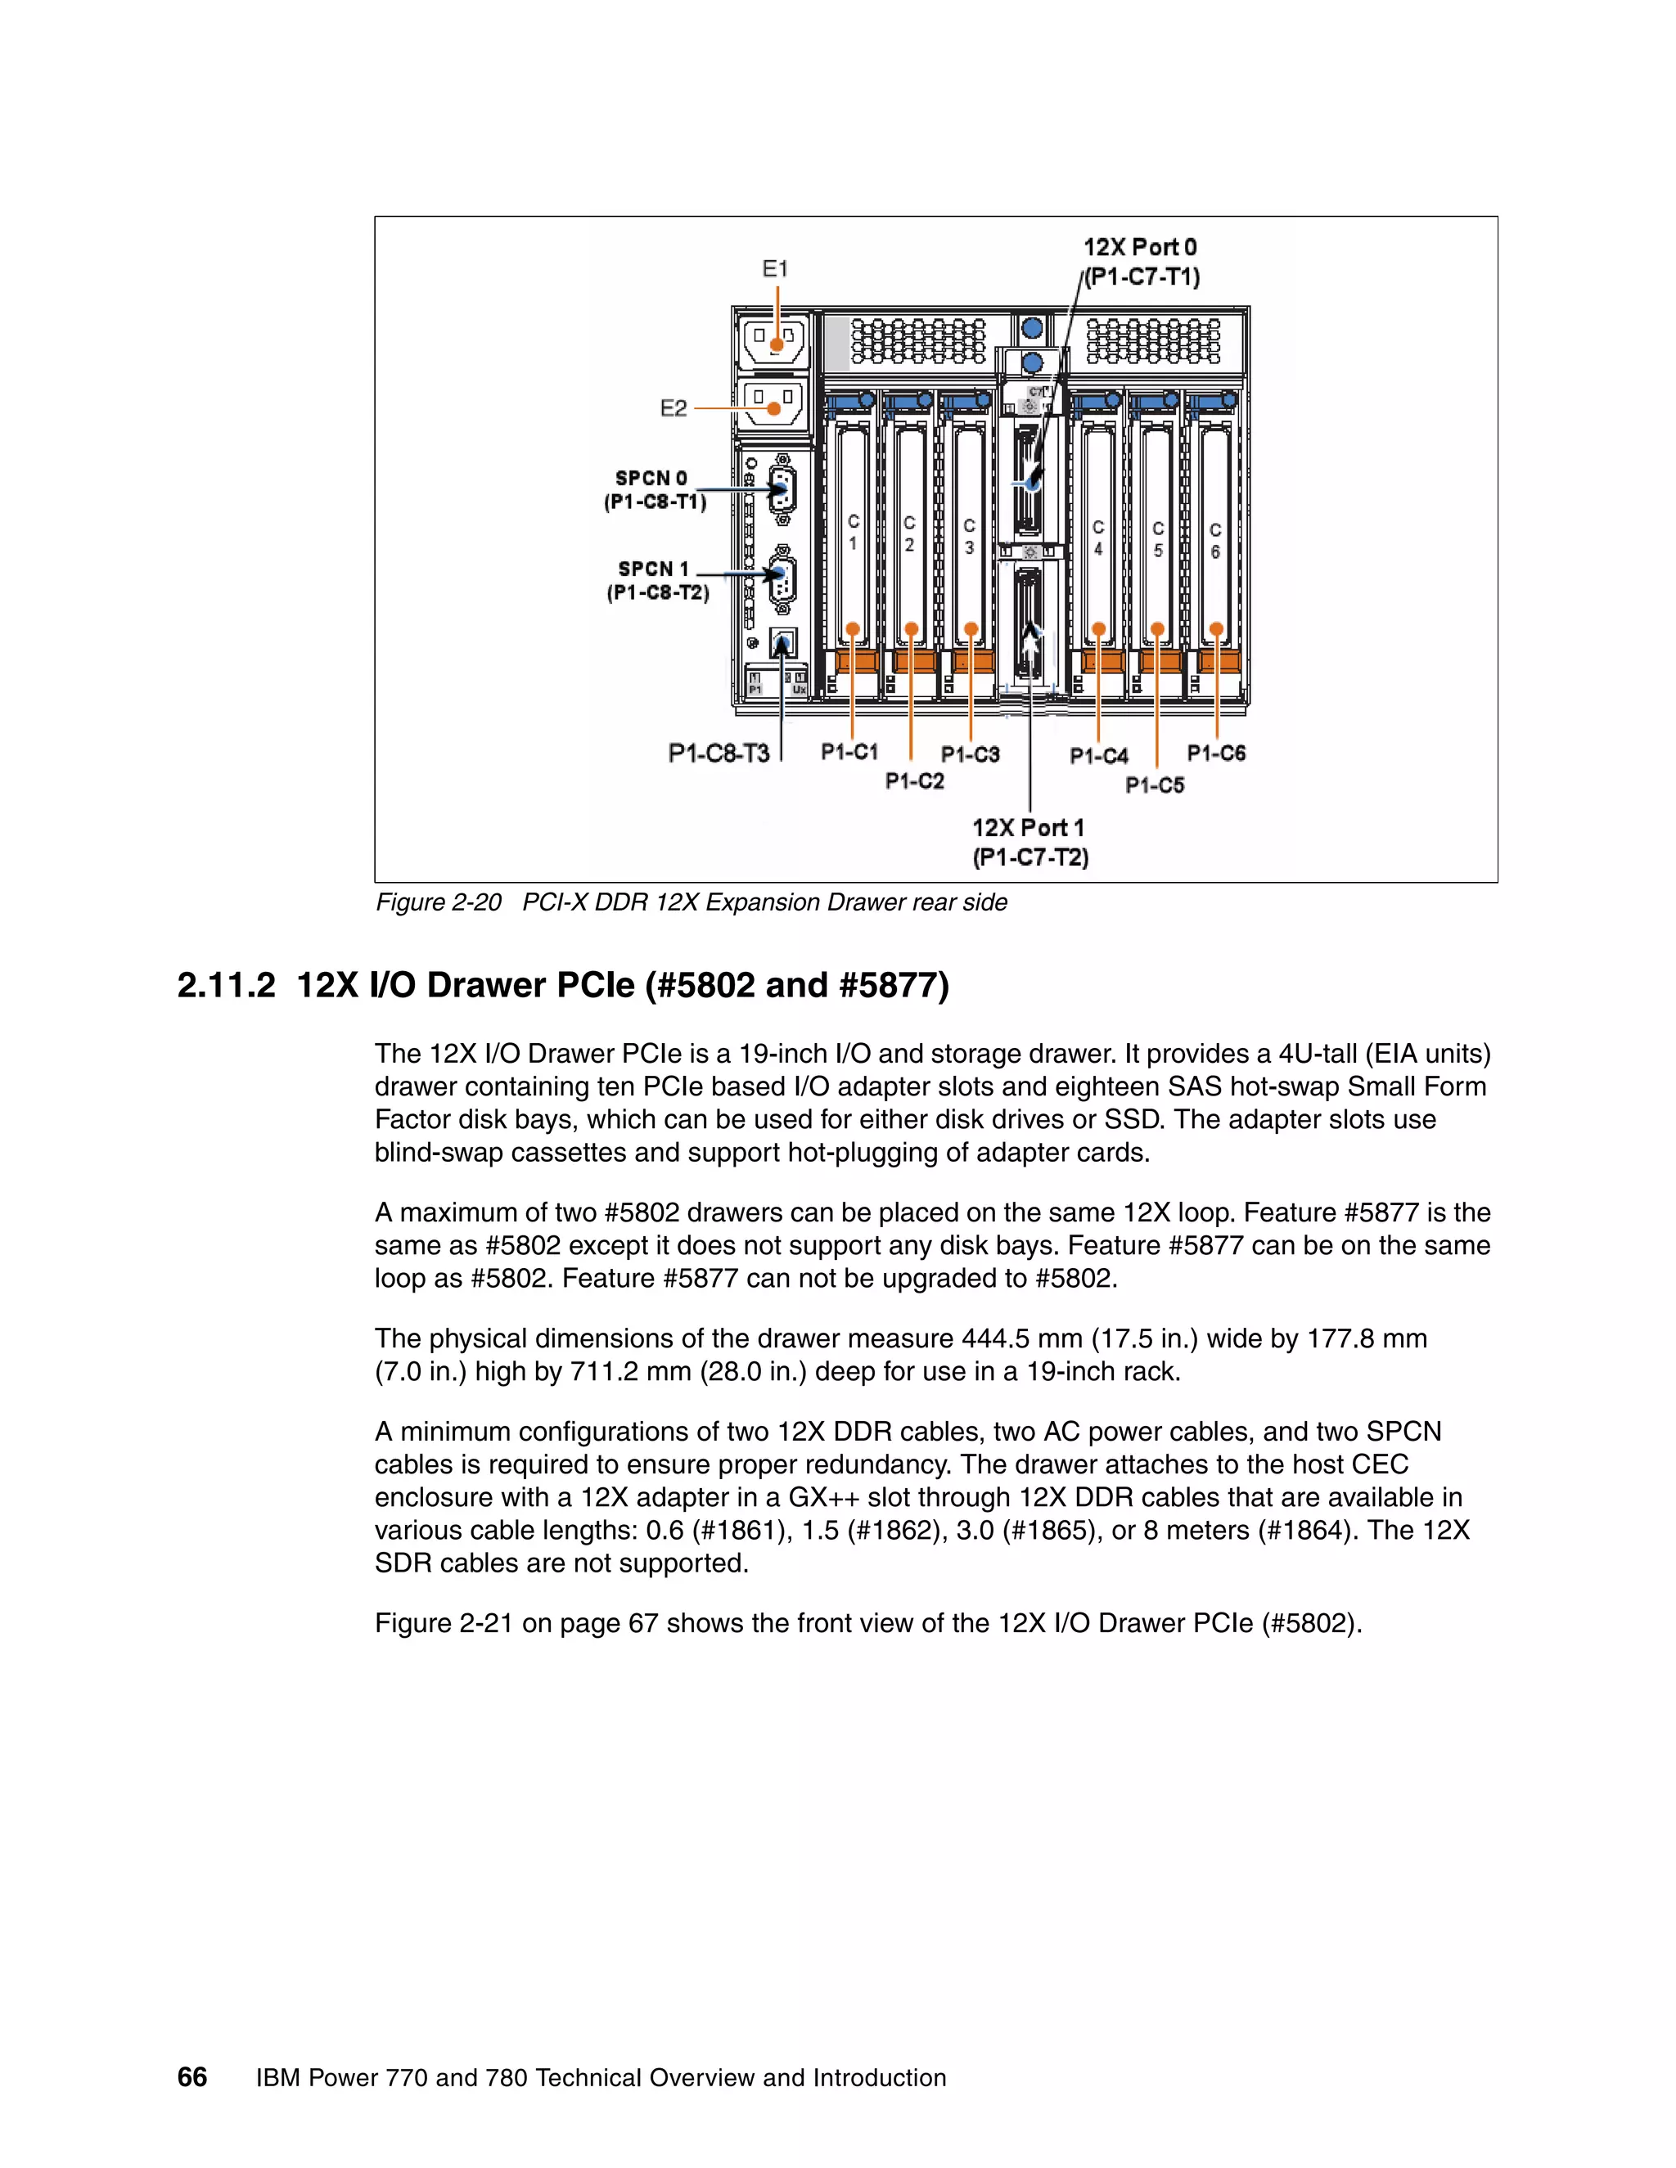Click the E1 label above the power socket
pyautogui.click(x=774, y=269)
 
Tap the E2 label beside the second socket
pyautogui.click(x=674, y=408)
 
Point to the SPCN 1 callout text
pyautogui.click(x=657, y=581)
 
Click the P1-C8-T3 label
pyautogui.click(x=719, y=753)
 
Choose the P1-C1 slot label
pyautogui.click(x=849, y=753)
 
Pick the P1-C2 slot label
pyautogui.click(x=914, y=781)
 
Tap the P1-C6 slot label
pyautogui.click(x=1216, y=753)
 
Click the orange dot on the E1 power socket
pyautogui.click(x=777, y=345)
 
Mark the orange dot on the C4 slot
pyautogui.click(x=1098, y=628)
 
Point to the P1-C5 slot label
pyautogui.click(x=1155, y=785)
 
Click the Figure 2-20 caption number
pyautogui.click(x=439, y=902)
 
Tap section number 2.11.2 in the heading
pyautogui.click(x=225, y=986)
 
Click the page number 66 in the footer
pyautogui.click(x=191, y=2078)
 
